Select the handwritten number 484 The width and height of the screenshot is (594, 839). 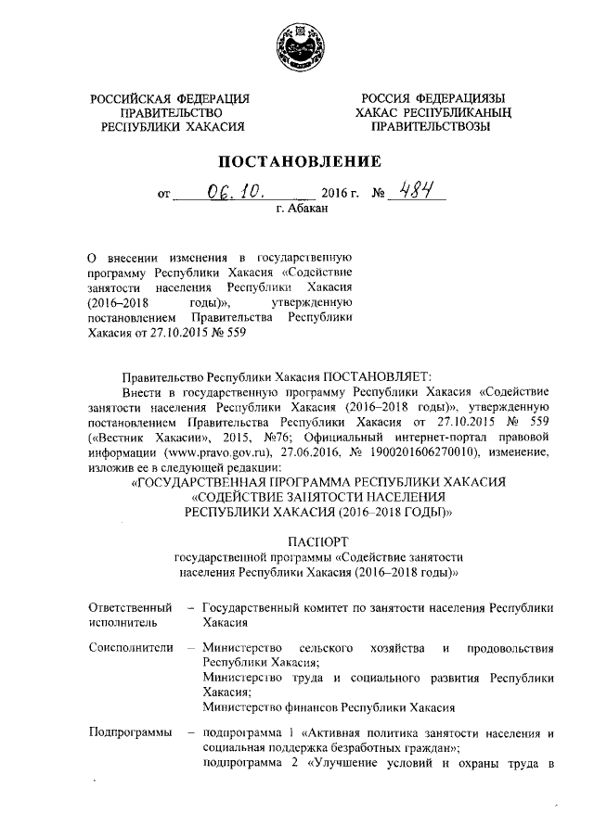[407, 192]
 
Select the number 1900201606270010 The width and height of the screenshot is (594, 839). [443, 451]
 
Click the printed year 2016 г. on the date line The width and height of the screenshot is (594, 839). [340, 197]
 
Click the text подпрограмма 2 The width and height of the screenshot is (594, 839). [247, 763]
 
